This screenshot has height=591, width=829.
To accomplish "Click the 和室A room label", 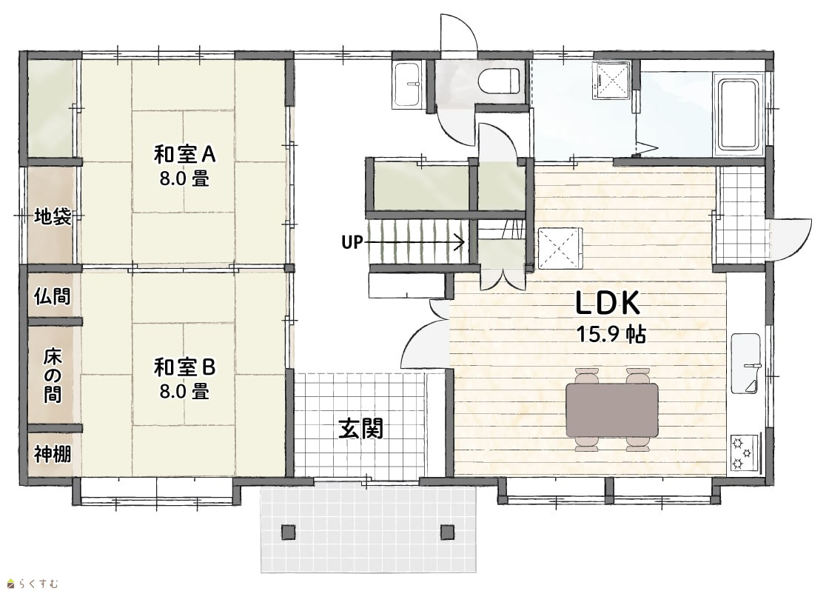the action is point(184,154).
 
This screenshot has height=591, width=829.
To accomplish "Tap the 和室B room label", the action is point(184,367).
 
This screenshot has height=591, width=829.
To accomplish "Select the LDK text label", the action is point(608,303).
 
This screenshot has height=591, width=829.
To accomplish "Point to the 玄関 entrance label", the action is point(360,428).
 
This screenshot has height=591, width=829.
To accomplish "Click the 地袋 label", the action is point(53,216).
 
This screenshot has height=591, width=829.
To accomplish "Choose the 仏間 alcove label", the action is point(53,296).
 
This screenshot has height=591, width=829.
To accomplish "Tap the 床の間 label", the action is point(53,375).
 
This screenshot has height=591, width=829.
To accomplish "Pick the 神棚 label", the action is point(53,454).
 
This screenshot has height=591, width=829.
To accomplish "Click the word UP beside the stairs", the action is point(352,242).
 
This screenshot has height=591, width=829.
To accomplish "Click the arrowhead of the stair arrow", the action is point(460,242).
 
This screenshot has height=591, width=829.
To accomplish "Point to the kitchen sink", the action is point(746,363).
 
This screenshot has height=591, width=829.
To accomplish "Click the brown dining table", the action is point(611,410).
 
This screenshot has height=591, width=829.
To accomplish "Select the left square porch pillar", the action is point(288,532).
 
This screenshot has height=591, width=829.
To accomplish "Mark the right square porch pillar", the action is point(447,532).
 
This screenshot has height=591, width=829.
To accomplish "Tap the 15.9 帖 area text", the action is point(611,335).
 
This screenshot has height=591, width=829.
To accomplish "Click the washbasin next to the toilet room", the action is point(407,84).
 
